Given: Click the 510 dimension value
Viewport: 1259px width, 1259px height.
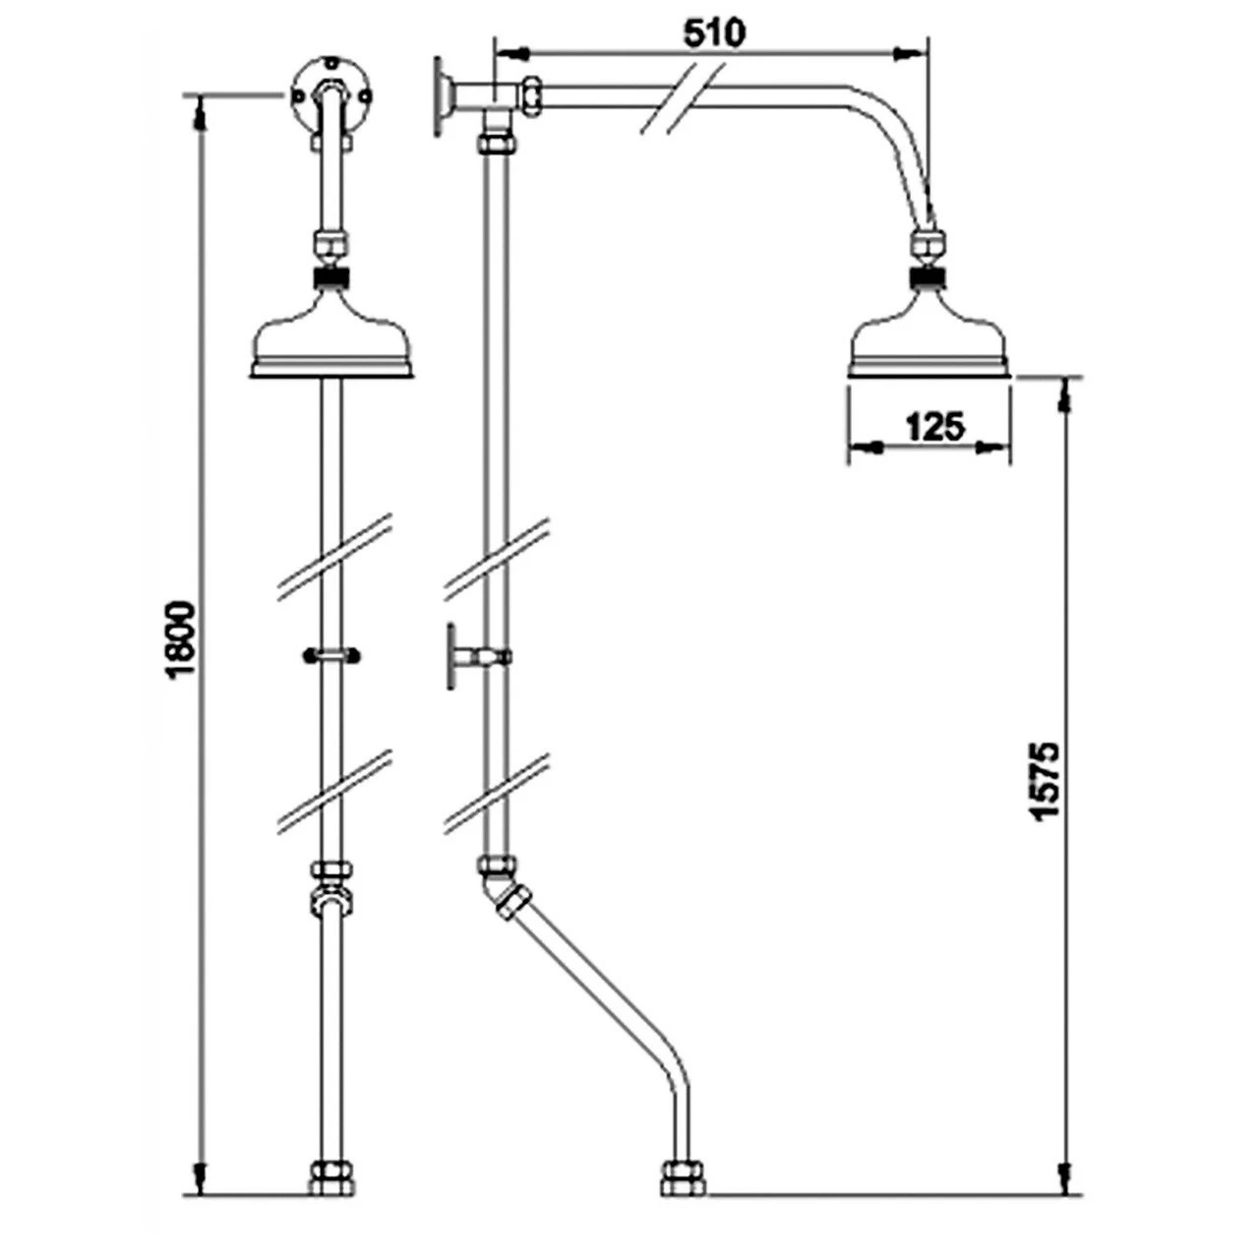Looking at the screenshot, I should pyautogui.click(x=714, y=32).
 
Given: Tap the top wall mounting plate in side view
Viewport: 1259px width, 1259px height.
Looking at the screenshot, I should pyautogui.click(x=438, y=95).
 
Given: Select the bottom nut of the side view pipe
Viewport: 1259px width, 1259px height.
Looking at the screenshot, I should pyautogui.click(x=682, y=1177).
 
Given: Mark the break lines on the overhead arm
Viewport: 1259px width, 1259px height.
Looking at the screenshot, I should pyautogui.click(x=682, y=96).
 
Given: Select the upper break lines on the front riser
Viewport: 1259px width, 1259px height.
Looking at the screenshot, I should pyautogui.click(x=334, y=556).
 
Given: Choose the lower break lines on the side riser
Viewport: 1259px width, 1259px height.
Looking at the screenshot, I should pyautogui.click(x=497, y=792).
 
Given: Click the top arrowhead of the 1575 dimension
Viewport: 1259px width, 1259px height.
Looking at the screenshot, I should pyautogui.click(x=1063, y=395).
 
